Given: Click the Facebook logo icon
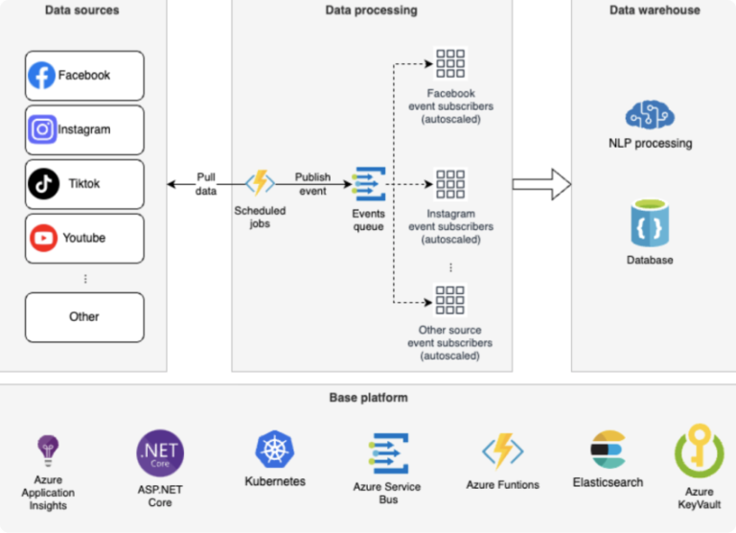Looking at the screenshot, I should [x=41, y=76].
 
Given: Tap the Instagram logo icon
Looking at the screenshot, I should [x=42, y=129].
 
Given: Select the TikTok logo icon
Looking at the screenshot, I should [x=43, y=183].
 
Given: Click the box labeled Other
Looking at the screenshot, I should [x=84, y=317].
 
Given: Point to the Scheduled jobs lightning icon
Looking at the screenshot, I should [x=260, y=183].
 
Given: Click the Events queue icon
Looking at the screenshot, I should [x=369, y=183].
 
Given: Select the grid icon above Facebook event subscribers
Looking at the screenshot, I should [x=450, y=63].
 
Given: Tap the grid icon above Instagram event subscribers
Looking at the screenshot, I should [x=450, y=184].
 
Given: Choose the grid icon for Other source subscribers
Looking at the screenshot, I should [x=450, y=300].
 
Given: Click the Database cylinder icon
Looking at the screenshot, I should [x=650, y=223].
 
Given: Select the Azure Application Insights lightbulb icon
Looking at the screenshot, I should [x=48, y=449].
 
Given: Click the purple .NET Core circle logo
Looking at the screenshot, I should [x=160, y=453].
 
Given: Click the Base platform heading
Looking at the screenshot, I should [x=368, y=397].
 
